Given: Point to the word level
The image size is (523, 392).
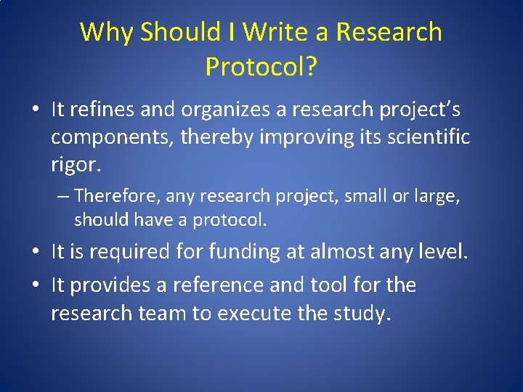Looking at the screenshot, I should [x=444, y=252].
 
